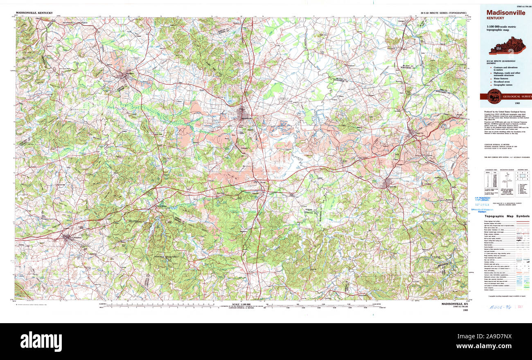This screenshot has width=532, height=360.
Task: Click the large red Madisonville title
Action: pos(506,13)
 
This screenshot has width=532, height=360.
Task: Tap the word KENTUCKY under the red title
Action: pos(495,18)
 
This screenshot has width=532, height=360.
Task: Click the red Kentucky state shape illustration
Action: pos(507,45)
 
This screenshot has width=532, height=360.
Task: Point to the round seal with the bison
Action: pos(494,96)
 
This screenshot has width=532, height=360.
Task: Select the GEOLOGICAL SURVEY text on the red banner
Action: pos(517,97)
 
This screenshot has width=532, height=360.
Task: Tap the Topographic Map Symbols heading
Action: pos(507,216)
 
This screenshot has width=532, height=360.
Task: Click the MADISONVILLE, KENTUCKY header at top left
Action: pos(34,13)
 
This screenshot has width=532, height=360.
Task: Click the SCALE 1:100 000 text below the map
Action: pos(241,304)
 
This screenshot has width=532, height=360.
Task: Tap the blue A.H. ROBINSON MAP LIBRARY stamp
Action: pos(483,199)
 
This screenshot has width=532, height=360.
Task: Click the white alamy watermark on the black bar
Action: pos(41,341)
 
